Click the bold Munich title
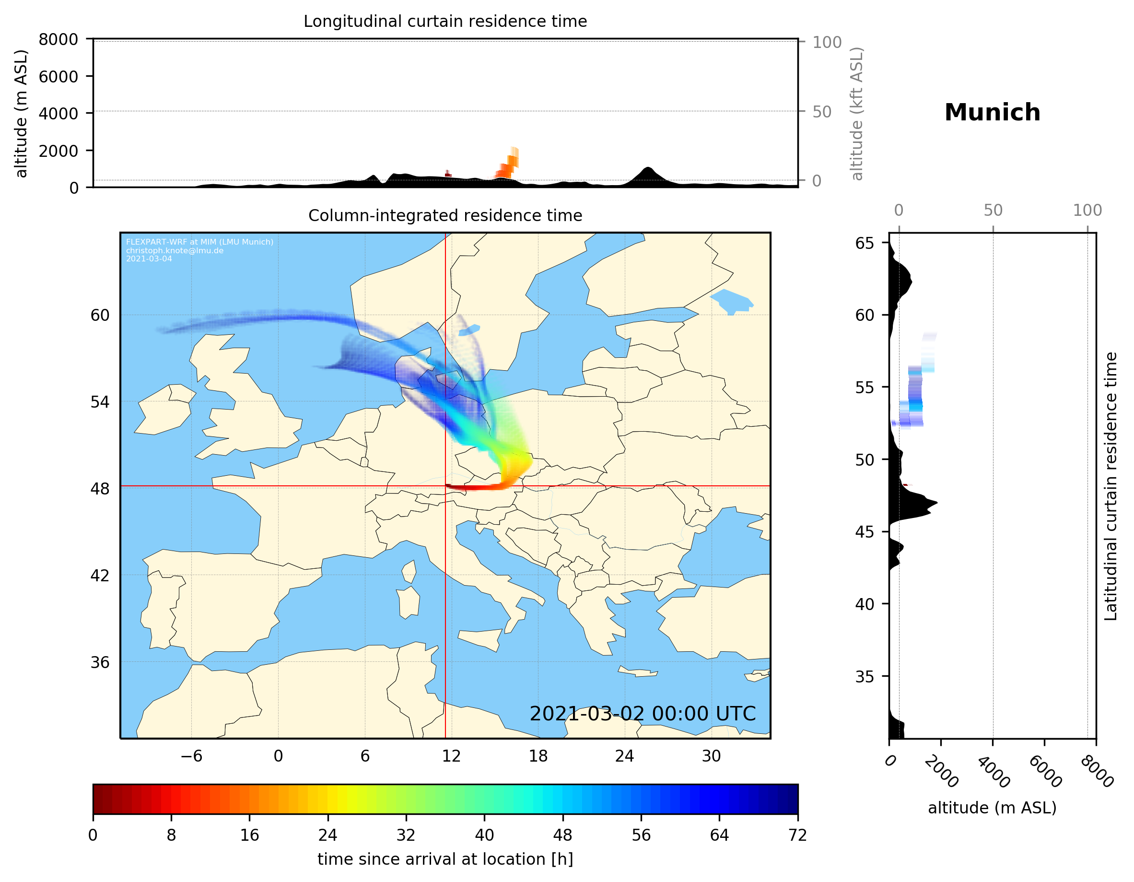pyautogui.click(x=992, y=113)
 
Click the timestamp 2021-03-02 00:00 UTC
pyautogui.click(x=643, y=714)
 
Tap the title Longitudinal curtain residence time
pyautogui.click(x=445, y=21)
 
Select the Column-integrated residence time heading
pyautogui.click(x=445, y=215)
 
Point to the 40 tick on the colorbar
pyautogui.click(x=484, y=835)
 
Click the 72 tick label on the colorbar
pyautogui.click(x=797, y=835)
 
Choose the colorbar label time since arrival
pyautogui.click(x=445, y=859)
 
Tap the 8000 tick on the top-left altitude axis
pyautogui.click(x=58, y=39)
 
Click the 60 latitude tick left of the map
pyautogui.click(x=100, y=315)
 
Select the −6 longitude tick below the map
pyautogui.click(x=191, y=756)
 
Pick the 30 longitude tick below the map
pyautogui.click(x=711, y=756)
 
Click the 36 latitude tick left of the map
pyautogui.click(x=100, y=662)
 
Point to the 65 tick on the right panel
pyautogui.click(x=865, y=243)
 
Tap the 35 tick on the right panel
pyautogui.click(x=865, y=676)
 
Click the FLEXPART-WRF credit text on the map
pyautogui.click(x=199, y=242)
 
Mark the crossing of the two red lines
pyautogui.click(x=445, y=486)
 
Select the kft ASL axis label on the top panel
pyautogui.click(x=856, y=114)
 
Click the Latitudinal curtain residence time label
pyautogui.click(x=1110, y=486)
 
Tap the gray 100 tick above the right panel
pyautogui.click(x=1087, y=211)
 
